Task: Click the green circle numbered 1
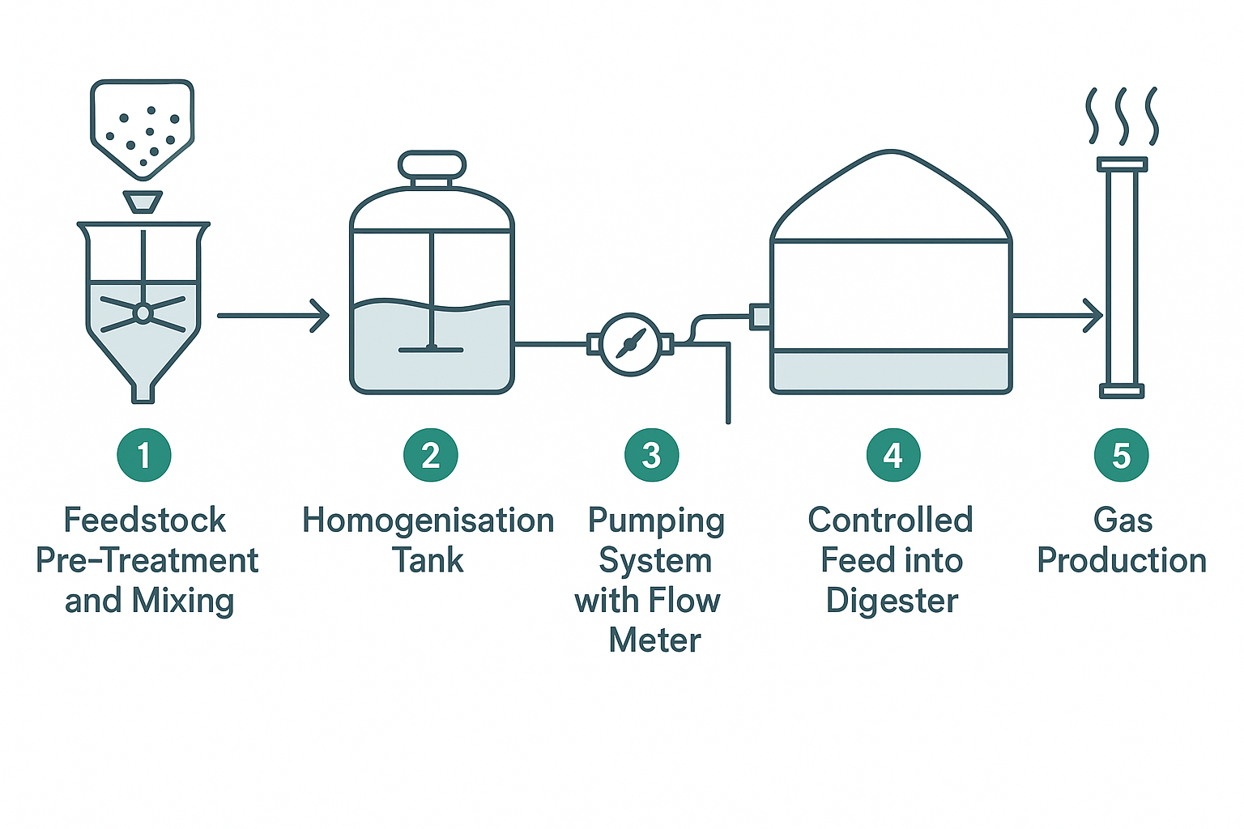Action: [144, 455]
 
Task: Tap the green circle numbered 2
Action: [431, 455]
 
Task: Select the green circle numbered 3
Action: [651, 455]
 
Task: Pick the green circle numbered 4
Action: [893, 455]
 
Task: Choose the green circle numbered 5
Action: [1121, 455]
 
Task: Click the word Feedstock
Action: [145, 521]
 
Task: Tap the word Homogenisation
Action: [428, 521]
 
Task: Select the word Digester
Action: [892, 602]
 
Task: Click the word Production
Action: [1122, 560]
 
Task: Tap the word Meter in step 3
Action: [654, 640]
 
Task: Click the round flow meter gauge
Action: [630, 344]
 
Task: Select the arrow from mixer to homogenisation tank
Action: [273, 315]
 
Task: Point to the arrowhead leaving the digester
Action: [1093, 315]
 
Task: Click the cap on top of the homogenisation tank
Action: [432, 165]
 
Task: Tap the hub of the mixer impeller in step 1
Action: [143, 313]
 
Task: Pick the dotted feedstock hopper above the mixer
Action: [143, 125]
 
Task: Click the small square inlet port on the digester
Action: [760, 316]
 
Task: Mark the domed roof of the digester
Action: [891, 198]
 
